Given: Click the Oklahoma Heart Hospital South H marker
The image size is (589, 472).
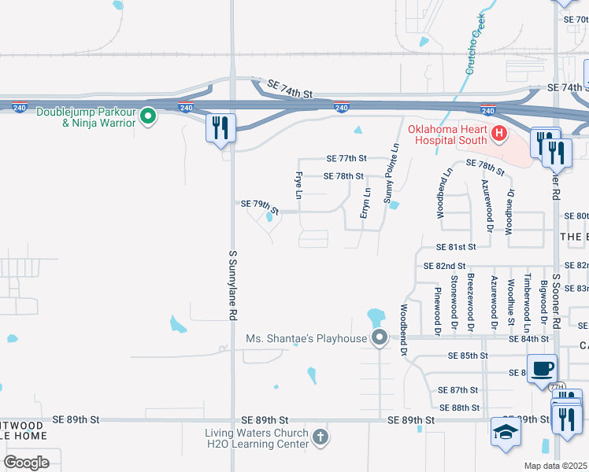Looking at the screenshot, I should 498,134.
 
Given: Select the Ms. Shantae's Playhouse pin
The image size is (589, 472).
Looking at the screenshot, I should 380,338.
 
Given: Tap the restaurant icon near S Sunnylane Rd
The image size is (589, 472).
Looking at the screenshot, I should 220,127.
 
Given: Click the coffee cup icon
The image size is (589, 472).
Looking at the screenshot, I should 543,368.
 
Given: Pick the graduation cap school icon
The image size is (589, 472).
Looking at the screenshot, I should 506,432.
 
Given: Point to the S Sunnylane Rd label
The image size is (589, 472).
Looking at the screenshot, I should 233,285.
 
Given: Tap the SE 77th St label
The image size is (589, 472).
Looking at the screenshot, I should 347,159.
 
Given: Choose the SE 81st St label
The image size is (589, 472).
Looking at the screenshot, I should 450,247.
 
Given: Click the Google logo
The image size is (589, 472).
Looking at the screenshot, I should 26,462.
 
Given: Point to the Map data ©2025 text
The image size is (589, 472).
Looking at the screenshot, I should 555,466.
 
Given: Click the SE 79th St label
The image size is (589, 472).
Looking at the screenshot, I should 261,207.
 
